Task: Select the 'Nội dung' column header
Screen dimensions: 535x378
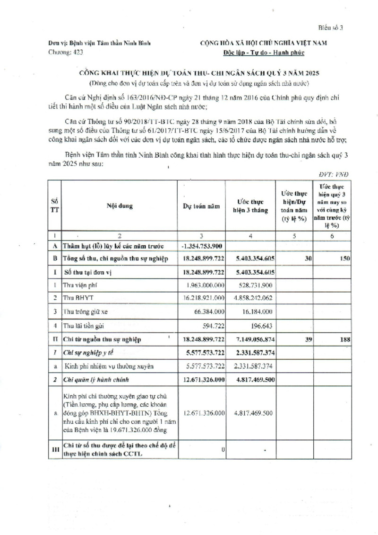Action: [x=120, y=206]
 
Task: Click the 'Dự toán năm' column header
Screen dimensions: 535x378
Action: [x=202, y=206]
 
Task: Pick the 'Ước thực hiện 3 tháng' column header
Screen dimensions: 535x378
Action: [x=250, y=206]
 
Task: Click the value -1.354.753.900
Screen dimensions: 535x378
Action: [x=202, y=247]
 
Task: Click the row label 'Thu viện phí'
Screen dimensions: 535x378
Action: [x=81, y=285]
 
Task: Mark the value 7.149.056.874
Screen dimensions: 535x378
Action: [x=250, y=339]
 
